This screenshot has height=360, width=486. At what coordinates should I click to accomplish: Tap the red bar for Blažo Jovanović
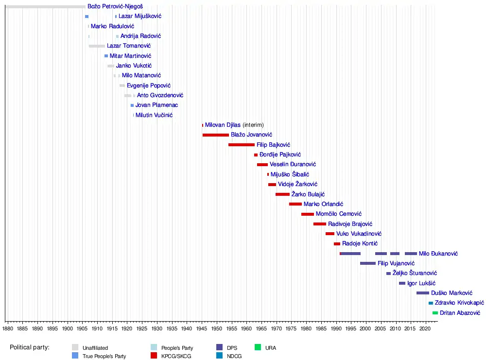[215, 135]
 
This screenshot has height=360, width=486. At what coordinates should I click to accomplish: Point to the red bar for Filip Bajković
[241, 145]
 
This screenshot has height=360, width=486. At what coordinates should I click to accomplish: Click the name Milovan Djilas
[223, 125]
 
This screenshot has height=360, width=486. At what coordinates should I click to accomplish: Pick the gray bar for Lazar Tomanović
[97, 46]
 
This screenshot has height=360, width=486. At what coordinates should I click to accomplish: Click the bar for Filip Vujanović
[367, 263]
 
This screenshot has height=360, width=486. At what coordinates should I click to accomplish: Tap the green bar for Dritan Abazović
[435, 313]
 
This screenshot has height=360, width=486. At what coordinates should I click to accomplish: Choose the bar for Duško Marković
[422, 293]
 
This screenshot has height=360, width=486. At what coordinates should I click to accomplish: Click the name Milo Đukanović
[438, 254]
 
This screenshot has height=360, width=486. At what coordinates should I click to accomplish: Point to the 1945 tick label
[202, 329]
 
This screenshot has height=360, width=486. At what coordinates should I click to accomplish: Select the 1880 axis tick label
[8, 329]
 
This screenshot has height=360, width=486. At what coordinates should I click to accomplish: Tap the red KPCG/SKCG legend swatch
[154, 356]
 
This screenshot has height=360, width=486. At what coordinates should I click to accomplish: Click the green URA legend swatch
[258, 347]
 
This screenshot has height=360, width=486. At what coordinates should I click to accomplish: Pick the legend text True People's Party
[104, 356]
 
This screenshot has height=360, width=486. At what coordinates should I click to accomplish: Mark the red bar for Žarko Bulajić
[282, 194]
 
